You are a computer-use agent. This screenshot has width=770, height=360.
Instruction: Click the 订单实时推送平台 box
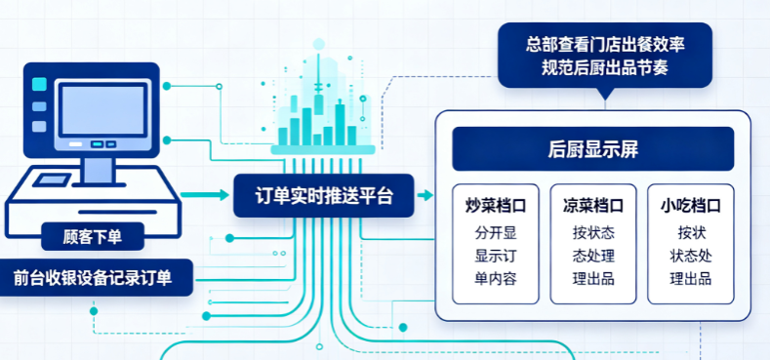click(x=324, y=195)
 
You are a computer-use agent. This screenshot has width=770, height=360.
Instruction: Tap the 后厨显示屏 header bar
click(x=592, y=149)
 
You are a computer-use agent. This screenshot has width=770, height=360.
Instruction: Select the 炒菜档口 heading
click(x=496, y=206)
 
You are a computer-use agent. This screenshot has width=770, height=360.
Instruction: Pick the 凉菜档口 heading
click(x=592, y=206)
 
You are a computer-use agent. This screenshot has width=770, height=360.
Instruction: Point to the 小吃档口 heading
click(x=690, y=206)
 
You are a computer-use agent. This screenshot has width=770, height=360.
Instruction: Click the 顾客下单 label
click(x=93, y=237)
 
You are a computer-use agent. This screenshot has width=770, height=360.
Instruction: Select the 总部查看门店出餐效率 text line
click(x=605, y=45)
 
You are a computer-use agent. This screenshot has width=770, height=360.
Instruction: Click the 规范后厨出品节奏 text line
click(x=605, y=68)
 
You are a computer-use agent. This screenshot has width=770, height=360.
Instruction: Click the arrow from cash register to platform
click(x=205, y=195)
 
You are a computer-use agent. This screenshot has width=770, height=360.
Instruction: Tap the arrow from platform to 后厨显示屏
click(x=425, y=195)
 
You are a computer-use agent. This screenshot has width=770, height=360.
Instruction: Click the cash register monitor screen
click(x=102, y=109)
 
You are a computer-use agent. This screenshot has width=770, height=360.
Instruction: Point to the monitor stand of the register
click(x=99, y=171)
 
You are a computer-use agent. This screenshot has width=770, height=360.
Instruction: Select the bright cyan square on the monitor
click(x=39, y=84)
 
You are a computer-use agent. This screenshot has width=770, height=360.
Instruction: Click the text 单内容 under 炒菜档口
click(x=496, y=279)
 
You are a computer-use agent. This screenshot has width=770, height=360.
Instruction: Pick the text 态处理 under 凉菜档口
click(x=593, y=256)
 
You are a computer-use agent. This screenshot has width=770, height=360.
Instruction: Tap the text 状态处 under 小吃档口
click(x=690, y=256)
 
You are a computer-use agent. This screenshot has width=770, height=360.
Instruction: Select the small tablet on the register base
click(x=52, y=180)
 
